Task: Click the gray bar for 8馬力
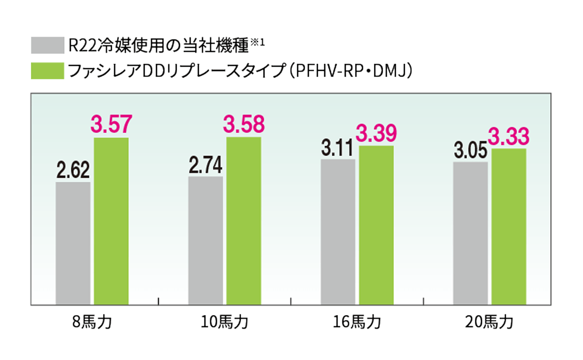pyautogui.click(x=73, y=243)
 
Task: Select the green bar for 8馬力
pyautogui.click(x=111, y=221)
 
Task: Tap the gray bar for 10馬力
pyautogui.click(x=205, y=241)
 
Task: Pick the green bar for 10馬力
pyautogui.click(x=244, y=221)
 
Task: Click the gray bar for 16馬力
pyautogui.click(x=338, y=232)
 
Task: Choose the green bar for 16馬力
pyautogui.click(x=376, y=226)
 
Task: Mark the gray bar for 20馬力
pyautogui.click(x=471, y=234)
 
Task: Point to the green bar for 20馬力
pyautogui.click(x=509, y=227)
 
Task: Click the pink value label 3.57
pyautogui.click(x=111, y=125)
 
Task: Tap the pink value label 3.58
pyautogui.click(x=244, y=125)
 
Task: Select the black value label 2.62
pyautogui.click(x=73, y=170)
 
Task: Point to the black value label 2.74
pyautogui.click(x=205, y=165)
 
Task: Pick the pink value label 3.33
pyautogui.click(x=508, y=137)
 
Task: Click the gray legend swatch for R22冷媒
pyautogui.click(x=47, y=45)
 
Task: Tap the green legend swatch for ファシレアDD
pyautogui.click(x=47, y=71)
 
